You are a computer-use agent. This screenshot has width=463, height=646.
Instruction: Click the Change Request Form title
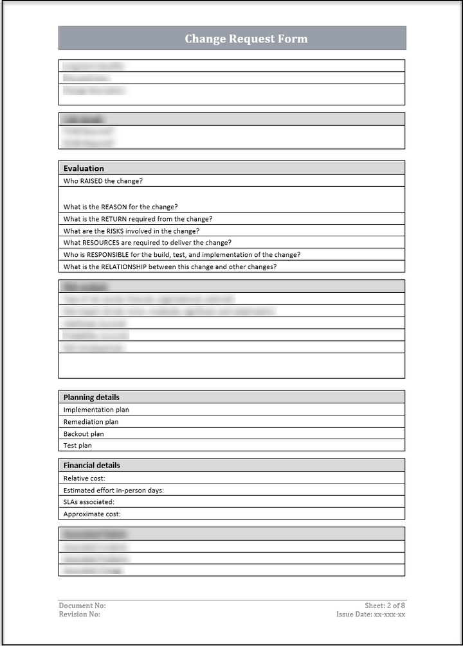(x=246, y=39)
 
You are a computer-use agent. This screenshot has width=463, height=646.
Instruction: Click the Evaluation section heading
(x=84, y=168)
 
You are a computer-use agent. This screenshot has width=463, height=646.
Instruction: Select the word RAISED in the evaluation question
(x=91, y=181)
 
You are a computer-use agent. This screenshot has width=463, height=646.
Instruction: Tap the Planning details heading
(x=91, y=397)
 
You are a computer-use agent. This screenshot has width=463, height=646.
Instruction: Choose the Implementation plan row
(x=96, y=410)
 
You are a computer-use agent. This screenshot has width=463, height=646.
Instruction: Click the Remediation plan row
(x=91, y=422)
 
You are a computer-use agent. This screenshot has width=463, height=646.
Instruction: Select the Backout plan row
(x=84, y=434)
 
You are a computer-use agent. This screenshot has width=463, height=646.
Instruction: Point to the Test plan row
(x=78, y=446)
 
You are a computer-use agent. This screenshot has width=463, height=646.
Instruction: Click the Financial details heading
(x=91, y=466)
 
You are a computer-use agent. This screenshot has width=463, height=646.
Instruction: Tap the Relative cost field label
(x=84, y=478)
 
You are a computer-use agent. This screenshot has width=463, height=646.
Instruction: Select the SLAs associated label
(x=89, y=502)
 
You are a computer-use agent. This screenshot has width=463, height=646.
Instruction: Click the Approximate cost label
(x=92, y=514)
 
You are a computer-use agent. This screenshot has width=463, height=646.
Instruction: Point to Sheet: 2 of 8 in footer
(x=385, y=606)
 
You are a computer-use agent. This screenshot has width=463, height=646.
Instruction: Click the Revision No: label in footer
(x=80, y=615)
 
